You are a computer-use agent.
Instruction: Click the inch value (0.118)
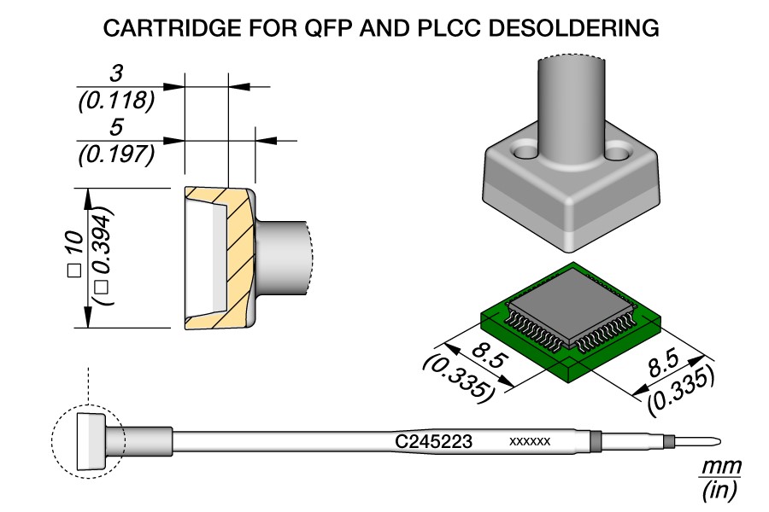pyautogui.click(x=115, y=102)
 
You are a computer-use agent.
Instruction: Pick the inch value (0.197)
pyautogui.click(x=115, y=155)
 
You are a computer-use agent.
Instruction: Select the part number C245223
pyautogui.click(x=433, y=442)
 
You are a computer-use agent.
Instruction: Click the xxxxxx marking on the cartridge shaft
pyautogui.click(x=529, y=442)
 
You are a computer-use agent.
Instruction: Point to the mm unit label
pyautogui.click(x=720, y=468)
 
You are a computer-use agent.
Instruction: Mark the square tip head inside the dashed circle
pyautogui.click(x=89, y=441)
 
